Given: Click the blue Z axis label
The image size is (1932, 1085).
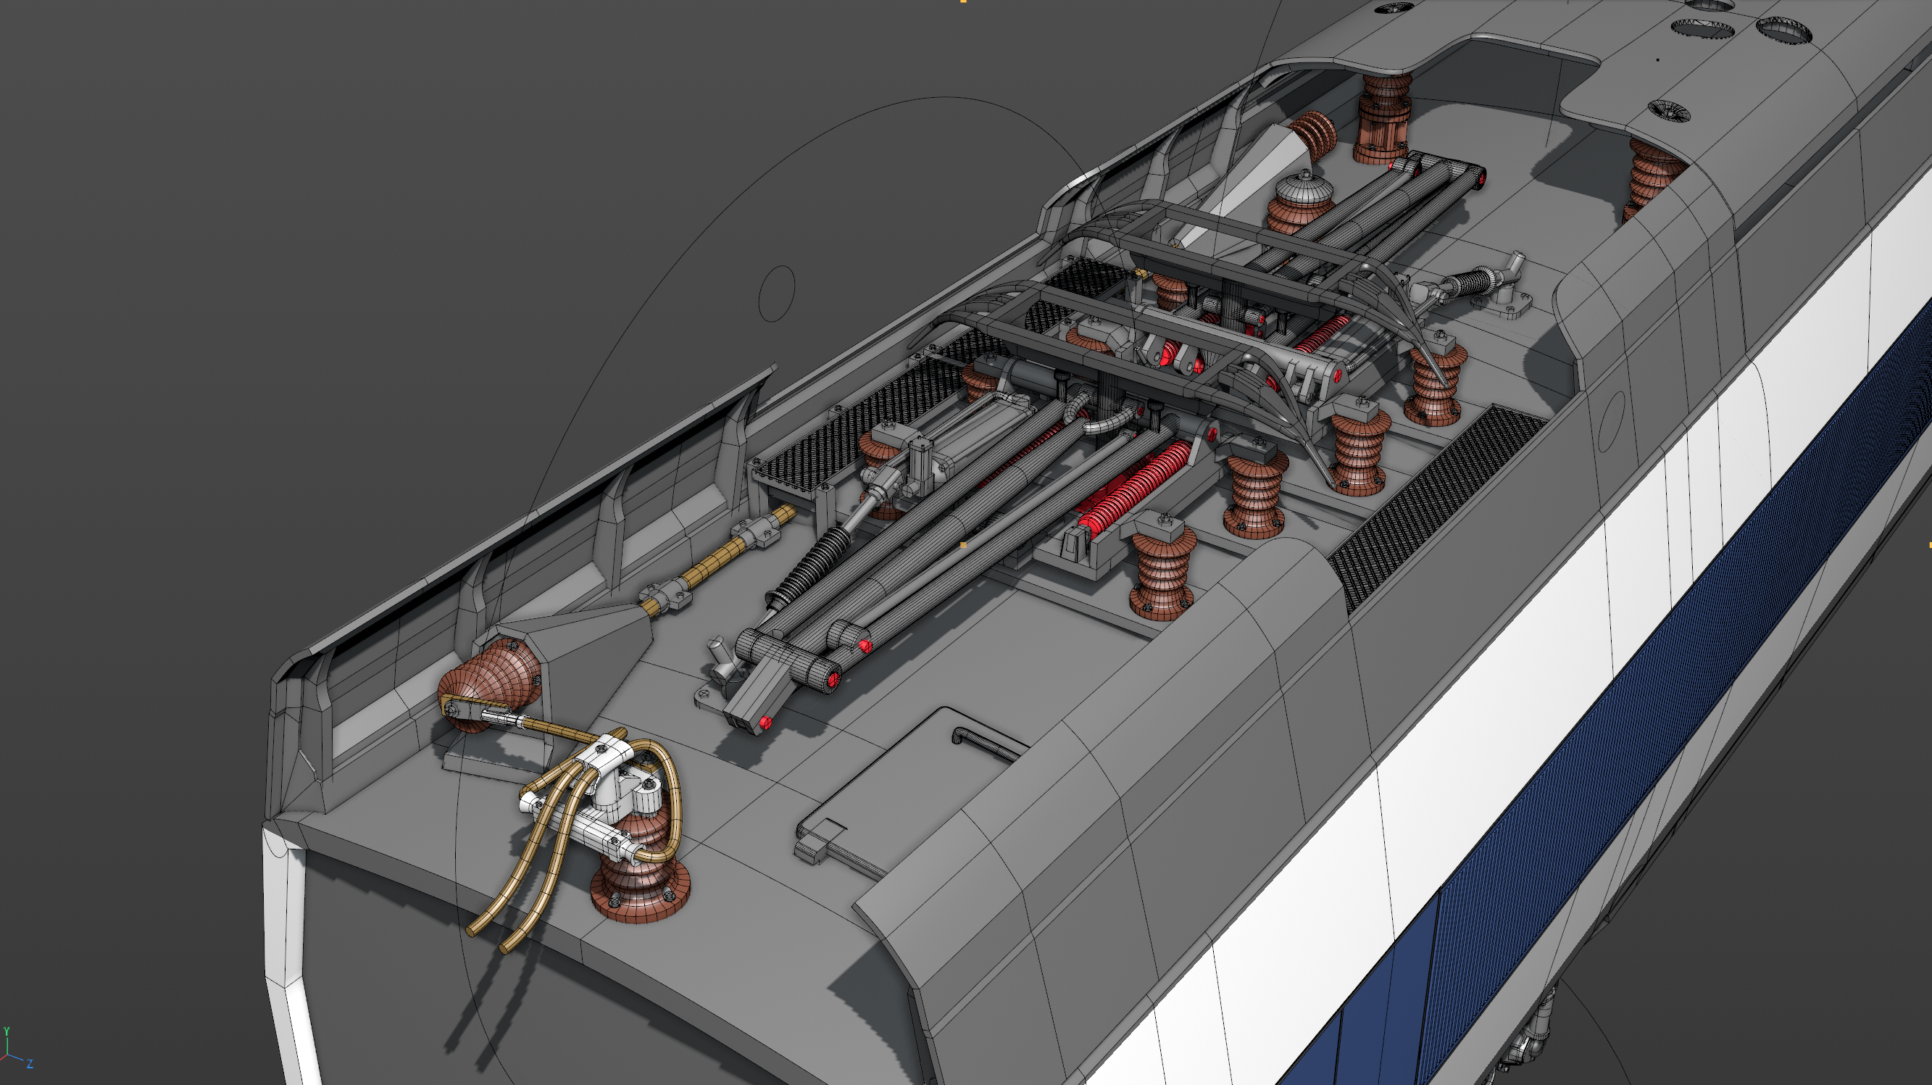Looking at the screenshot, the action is pos(30,1064).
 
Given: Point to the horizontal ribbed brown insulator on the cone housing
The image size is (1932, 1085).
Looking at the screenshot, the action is pos(488,683).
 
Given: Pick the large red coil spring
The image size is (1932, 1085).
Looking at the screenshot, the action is pos(1133,488).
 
